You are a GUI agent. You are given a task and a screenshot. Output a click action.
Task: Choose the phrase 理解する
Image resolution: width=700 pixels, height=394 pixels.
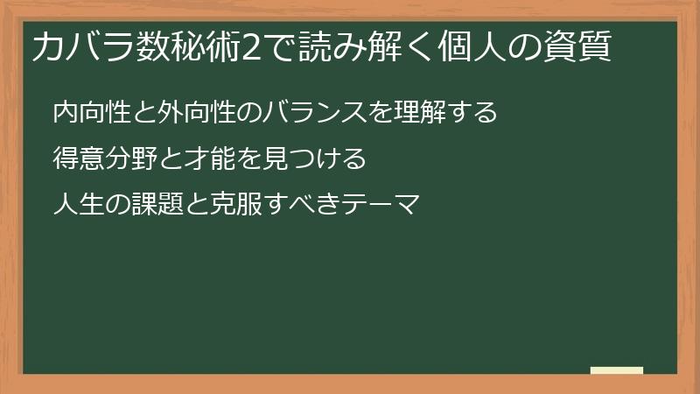[x=446, y=112]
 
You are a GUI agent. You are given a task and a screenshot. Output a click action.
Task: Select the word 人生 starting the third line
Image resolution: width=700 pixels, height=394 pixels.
[x=78, y=207]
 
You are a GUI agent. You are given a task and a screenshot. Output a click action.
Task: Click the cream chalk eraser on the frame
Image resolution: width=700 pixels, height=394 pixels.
[x=617, y=370]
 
